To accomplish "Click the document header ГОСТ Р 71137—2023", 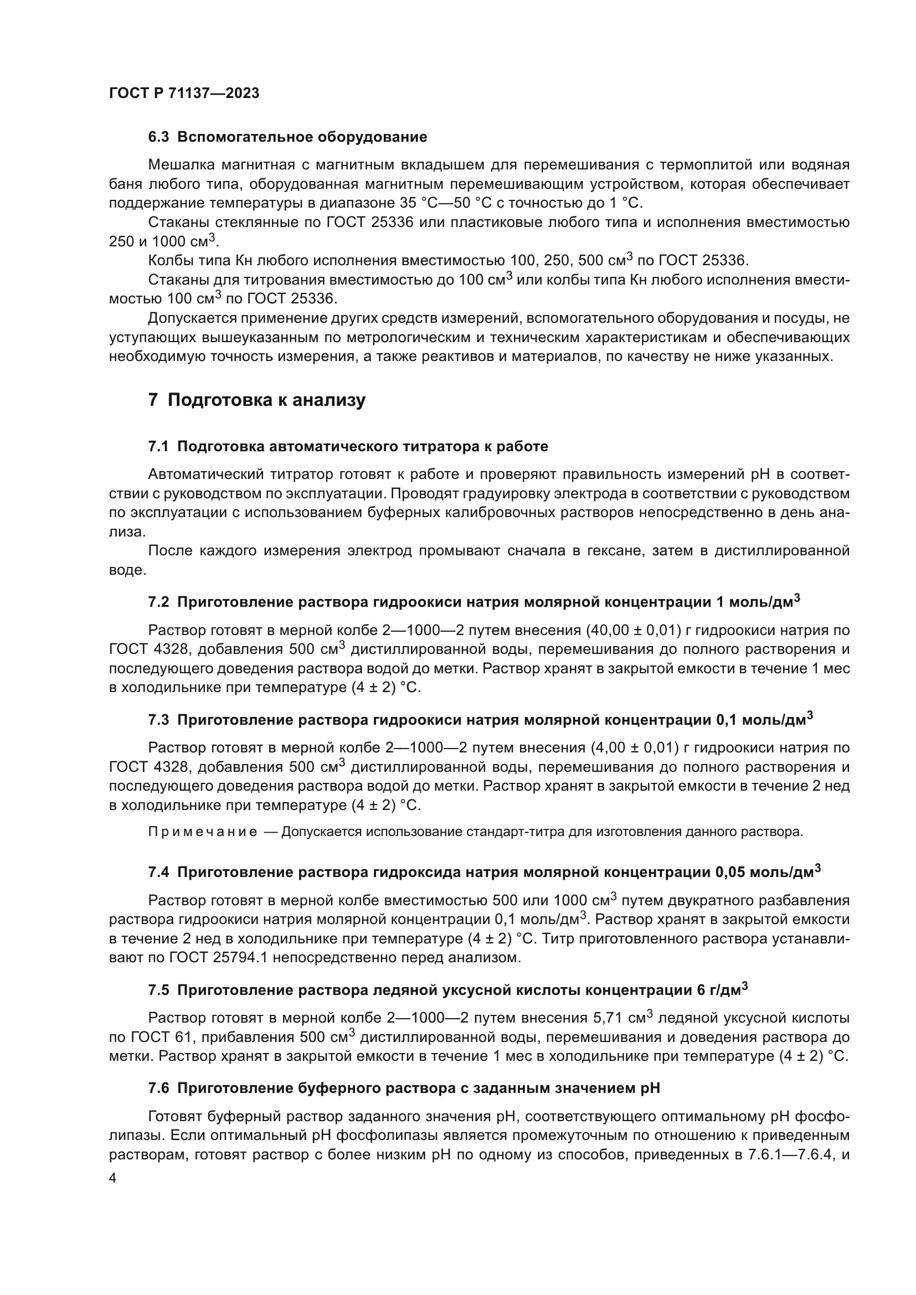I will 184,94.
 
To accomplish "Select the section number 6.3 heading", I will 158,137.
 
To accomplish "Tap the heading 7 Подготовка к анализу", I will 256,400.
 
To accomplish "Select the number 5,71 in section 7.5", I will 607,1018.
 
